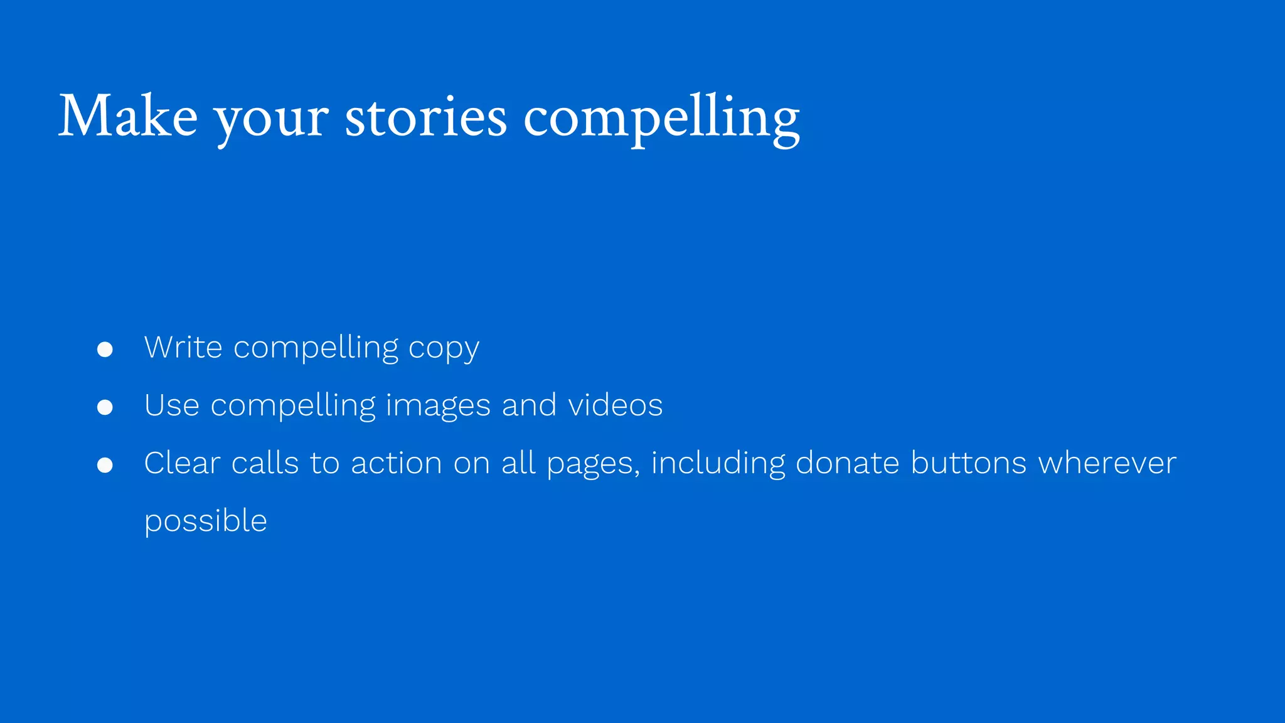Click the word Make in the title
tap(128, 117)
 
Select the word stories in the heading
tap(425, 117)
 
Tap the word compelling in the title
tap(661, 117)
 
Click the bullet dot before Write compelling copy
tap(105, 350)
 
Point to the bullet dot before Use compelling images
tap(105, 407)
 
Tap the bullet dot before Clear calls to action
tap(105, 465)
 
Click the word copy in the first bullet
tap(444, 349)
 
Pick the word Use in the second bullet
tap(172, 405)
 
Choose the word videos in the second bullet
tap(615, 405)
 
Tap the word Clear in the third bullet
tap(182, 463)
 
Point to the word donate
tap(847, 463)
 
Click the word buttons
tap(968, 463)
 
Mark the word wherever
tap(1107, 463)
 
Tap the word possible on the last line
tap(206, 522)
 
